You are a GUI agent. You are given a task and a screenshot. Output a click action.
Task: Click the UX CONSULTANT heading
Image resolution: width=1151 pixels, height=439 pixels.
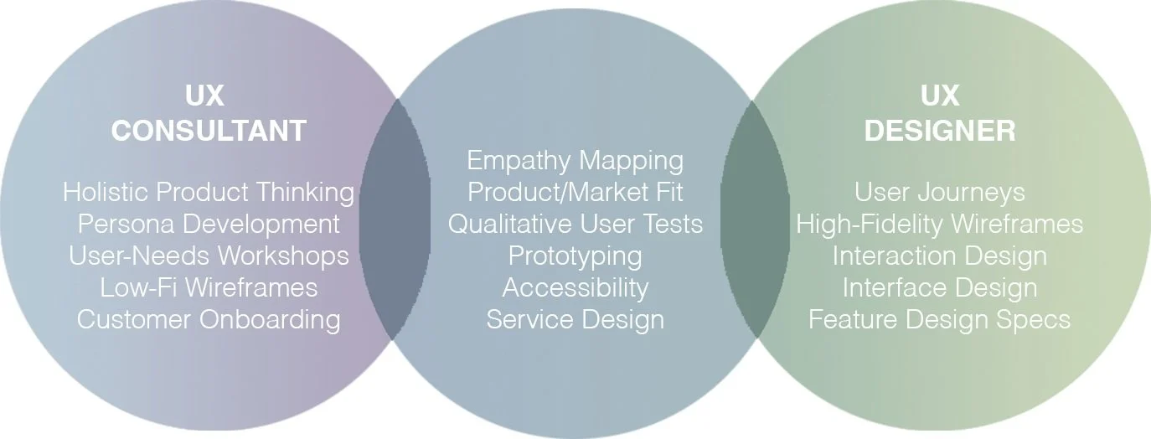(209, 114)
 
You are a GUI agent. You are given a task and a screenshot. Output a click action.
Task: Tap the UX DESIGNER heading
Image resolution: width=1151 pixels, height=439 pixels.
(940, 114)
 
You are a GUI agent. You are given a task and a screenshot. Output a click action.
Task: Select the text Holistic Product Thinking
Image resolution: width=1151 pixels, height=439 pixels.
(209, 192)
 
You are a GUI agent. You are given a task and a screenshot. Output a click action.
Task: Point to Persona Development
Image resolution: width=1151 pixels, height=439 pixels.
(209, 224)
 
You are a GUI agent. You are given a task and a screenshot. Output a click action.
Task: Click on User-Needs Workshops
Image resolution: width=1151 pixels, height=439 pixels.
(209, 256)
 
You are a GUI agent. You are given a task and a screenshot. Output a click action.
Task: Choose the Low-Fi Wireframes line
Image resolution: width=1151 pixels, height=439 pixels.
(209, 287)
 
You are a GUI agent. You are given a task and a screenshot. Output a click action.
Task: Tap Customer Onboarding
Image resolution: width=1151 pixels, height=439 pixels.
(209, 319)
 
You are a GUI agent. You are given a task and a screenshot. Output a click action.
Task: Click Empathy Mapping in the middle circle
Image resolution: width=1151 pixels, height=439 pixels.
(575, 160)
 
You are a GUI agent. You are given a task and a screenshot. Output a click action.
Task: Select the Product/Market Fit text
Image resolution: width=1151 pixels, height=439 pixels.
(575, 192)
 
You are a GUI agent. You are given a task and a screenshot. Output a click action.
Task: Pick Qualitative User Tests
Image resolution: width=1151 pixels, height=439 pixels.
(575, 224)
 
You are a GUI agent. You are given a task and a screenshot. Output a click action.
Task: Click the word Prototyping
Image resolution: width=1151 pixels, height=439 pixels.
(575, 256)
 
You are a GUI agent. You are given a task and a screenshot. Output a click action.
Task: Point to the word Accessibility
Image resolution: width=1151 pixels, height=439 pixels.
(575, 287)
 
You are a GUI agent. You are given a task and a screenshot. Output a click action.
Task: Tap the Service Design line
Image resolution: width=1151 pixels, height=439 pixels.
(575, 319)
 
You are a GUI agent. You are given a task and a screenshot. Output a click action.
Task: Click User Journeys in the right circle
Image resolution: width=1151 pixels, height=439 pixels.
(940, 192)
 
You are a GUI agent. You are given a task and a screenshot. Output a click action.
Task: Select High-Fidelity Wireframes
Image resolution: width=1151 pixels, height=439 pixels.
(940, 224)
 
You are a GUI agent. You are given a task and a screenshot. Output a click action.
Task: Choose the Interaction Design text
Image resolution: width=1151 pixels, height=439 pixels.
(940, 256)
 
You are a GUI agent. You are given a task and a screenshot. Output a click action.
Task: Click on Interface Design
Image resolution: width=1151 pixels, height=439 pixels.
(940, 287)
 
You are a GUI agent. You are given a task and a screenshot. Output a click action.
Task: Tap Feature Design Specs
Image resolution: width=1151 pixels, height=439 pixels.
(940, 319)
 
